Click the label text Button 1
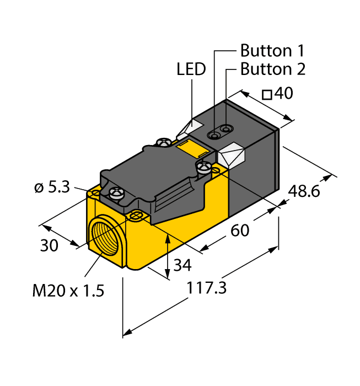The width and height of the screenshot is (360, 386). (272, 51)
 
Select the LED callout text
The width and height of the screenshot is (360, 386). (191, 69)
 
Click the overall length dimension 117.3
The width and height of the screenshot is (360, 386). (206, 288)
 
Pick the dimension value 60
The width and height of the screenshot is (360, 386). (240, 230)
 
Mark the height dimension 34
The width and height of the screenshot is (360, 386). (182, 265)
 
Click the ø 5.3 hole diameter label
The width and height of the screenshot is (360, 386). (52, 187)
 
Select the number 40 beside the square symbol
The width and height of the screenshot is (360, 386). (283, 94)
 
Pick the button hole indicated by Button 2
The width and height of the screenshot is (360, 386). (225, 130)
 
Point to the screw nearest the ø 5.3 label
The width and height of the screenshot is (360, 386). (116, 192)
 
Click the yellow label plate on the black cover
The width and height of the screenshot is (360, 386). (192, 148)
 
